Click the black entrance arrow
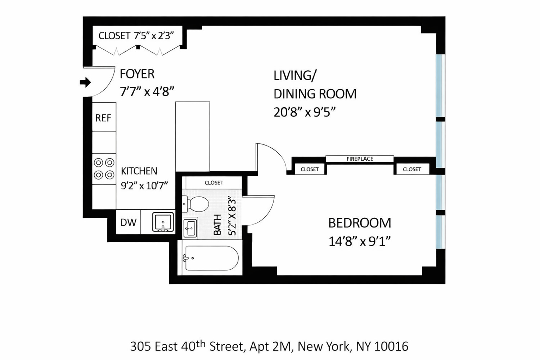pyautogui.click(x=85, y=82)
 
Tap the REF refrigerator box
pyautogui.click(x=104, y=118)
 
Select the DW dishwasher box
pyautogui.click(x=128, y=222)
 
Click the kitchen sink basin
pyautogui.click(x=163, y=222)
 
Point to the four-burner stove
pyautogui.click(x=104, y=169)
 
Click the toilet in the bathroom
pyautogui.click(x=196, y=204)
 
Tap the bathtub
pyautogui.click(x=211, y=258)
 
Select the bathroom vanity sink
pyautogui.click(x=190, y=228)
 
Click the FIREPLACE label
pyautogui.click(x=360, y=159)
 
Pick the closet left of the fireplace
pyautogui.click(x=310, y=169)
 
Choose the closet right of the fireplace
pyautogui.click(x=412, y=169)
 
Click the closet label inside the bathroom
pyautogui.click(x=214, y=183)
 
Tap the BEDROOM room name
pyautogui.click(x=359, y=223)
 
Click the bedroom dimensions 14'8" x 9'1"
pyautogui.click(x=359, y=241)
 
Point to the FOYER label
pyautogui.click(x=137, y=74)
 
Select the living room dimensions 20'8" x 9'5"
pyautogui.click(x=305, y=112)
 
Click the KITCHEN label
pyautogui.click(x=139, y=171)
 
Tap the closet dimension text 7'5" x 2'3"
pyautogui.click(x=154, y=36)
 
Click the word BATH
pyautogui.click(x=217, y=225)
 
